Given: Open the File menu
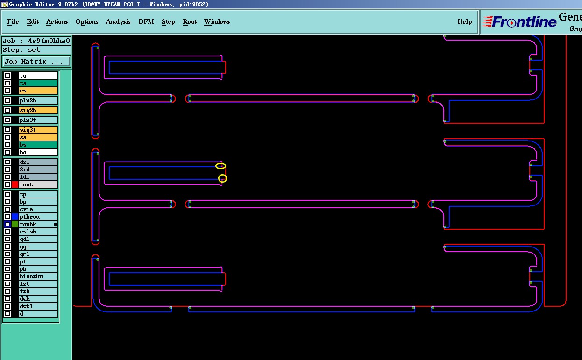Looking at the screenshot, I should coord(13,22).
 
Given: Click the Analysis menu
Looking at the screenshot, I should coord(118,22).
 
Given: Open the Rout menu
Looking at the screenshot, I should coord(190,22).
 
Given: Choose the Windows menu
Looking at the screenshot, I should coord(217,22).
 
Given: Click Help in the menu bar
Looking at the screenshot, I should coord(464,22).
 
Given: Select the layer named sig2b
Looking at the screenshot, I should coord(38,111).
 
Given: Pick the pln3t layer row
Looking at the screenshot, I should coord(38,120).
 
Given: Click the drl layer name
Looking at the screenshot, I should coord(38,162).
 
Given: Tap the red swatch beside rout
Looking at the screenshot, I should coord(15,185).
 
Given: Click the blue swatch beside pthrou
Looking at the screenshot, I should coord(15,217).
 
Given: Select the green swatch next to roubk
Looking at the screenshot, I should coord(15,225).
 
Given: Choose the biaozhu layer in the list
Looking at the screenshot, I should coord(38,277).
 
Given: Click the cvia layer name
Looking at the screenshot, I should coord(38,210).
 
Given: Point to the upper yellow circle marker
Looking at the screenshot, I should coord(220,166).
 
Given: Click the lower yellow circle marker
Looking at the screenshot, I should coord(223,178).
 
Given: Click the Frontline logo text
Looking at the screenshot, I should coord(524,22).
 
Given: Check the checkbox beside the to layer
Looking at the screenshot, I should coord(7,76).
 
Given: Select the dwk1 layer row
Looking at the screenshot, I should coord(38,307).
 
